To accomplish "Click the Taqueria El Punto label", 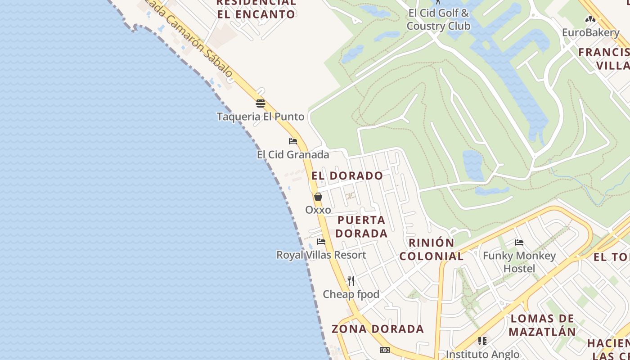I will pos(261,117).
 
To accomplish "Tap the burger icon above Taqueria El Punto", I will pos(261,103).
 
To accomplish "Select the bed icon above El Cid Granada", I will pos(293,141).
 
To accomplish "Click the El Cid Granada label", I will pos(293,155).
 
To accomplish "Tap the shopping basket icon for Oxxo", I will pos(318,197).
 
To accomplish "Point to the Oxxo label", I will pos(318,210).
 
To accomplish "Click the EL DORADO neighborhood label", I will pos(347,175).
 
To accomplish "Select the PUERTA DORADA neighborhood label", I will pos(361,227).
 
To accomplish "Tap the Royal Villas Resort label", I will pos(321,255).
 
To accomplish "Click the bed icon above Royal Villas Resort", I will pos(321,242).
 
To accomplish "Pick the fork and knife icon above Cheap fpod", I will pos(351,281).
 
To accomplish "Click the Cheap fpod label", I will pos(351,294).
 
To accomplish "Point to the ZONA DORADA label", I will pos(378,329).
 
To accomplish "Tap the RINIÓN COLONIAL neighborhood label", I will pos(432,249).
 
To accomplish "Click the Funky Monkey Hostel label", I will pos(519,262).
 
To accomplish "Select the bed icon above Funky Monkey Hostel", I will pos(519,243).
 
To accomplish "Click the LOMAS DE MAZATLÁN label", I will pos(542,325).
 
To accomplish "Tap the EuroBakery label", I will pos(590,32).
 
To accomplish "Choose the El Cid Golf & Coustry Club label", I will pos(438,19).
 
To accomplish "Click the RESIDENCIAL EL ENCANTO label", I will pos(256,8).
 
